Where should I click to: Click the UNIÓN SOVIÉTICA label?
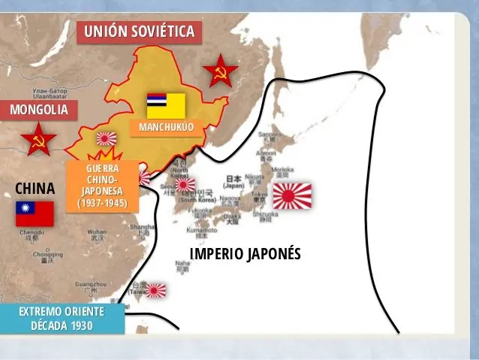140,32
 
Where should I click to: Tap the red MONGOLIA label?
39,110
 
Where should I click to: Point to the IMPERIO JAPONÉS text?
245,253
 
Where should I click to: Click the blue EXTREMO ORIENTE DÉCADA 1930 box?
62,318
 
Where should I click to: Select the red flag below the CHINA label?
35,213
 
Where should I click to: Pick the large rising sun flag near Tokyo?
291,196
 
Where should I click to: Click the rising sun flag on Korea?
185,184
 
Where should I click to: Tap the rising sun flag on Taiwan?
156,289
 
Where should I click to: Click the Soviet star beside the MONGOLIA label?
38,140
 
